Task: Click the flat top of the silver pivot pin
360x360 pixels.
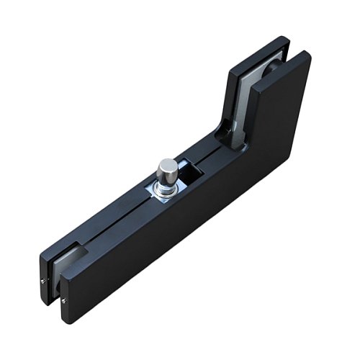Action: point(168,164)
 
